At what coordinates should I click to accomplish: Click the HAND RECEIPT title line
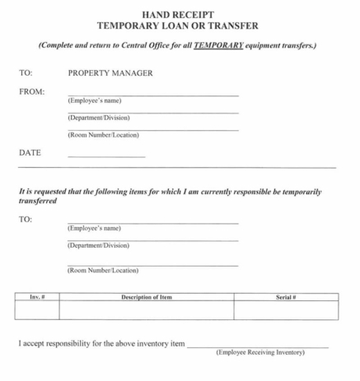pos(180,14)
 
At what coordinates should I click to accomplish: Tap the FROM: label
pos(32,91)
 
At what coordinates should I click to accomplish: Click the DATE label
pos(30,152)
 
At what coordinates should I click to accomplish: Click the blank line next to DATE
pos(106,156)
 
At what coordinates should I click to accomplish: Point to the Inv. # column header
pos(37,296)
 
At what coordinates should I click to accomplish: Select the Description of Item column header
pos(146,296)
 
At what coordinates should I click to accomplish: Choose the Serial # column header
pos(285,296)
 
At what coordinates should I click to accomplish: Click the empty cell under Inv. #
pos(37,310)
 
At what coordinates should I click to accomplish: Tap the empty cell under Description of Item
pos(146,310)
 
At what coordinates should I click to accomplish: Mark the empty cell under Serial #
pos(285,310)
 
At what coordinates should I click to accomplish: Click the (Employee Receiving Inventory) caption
pos(259,353)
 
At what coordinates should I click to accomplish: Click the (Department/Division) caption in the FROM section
pos(98,118)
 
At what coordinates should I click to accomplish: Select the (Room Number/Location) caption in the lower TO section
pos(103,270)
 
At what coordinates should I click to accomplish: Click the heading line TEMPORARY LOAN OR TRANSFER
pos(180,26)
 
